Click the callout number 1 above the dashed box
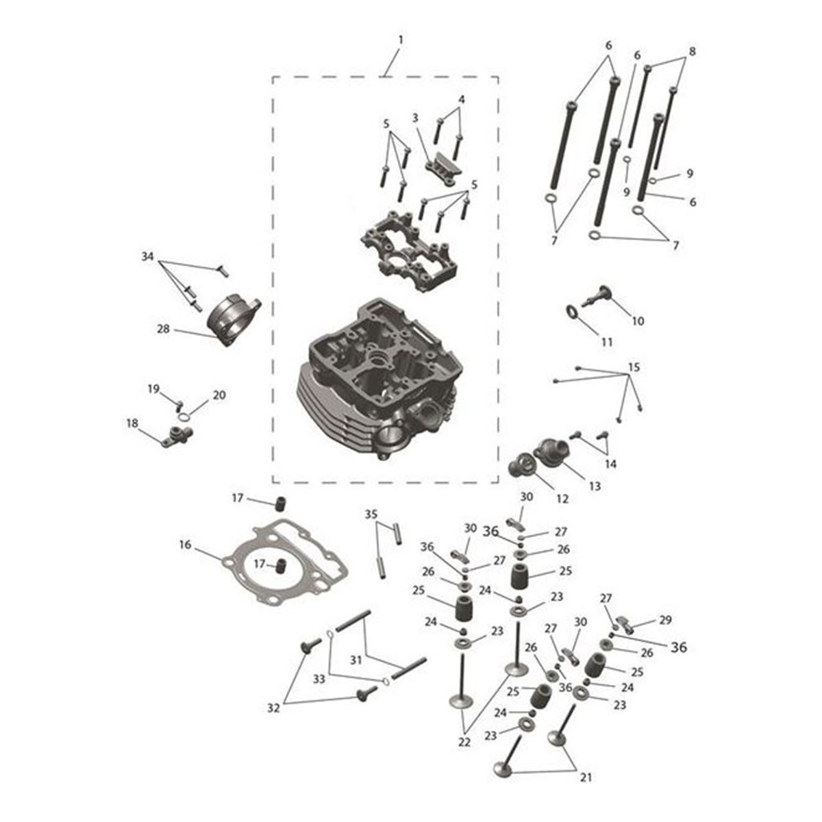coord(400,40)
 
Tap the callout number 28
coord(163,329)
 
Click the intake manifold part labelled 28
coord(233,319)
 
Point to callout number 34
coord(147,256)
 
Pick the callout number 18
coord(132,423)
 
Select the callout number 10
coord(637,321)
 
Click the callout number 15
coord(634,367)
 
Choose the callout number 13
coord(595,486)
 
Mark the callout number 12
coord(562,499)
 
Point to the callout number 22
coord(464,742)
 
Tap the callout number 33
coord(319,679)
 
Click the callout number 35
coord(371,514)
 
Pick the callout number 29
coord(665,620)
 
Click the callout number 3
coord(415,118)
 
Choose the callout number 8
coord(692,51)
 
